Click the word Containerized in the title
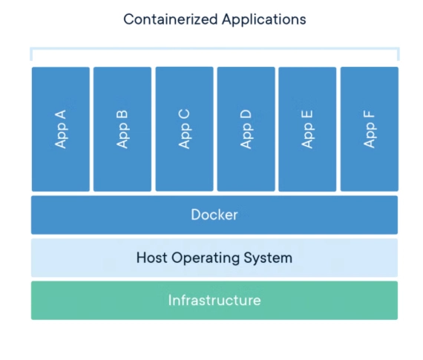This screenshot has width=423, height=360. (x=171, y=19)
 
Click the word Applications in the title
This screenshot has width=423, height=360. (x=264, y=20)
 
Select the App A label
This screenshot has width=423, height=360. (x=60, y=129)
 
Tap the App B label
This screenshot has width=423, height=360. (x=122, y=129)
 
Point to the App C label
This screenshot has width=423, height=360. (x=184, y=129)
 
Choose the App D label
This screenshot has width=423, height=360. (x=246, y=129)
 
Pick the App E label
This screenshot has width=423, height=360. (x=307, y=129)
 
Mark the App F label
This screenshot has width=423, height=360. (x=370, y=129)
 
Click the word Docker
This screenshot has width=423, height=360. (x=214, y=215)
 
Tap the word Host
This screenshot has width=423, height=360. (x=151, y=258)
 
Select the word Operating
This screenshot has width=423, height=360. (x=206, y=258)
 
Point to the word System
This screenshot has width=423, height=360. (x=268, y=258)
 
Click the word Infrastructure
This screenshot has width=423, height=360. (x=214, y=301)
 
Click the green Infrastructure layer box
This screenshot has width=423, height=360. (x=214, y=301)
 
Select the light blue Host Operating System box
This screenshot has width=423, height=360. (x=214, y=258)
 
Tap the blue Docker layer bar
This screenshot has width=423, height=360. (x=214, y=215)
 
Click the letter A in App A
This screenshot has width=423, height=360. (x=60, y=114)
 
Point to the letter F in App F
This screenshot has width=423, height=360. (x=369, y=115)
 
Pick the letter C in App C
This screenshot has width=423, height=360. (x=184, y=114)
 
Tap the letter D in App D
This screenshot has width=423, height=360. (x=246, y=114)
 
